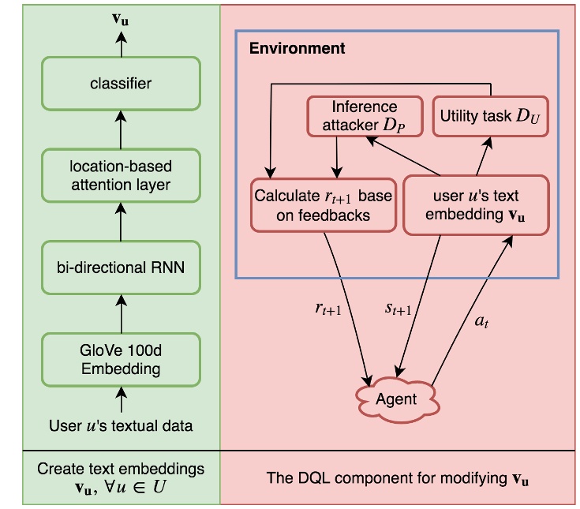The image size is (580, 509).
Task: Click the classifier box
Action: [121, 82]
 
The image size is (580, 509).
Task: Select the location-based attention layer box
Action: [121, 176]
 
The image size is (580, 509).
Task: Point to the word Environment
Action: [297, 49]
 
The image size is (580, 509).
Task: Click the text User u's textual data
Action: [121, 426]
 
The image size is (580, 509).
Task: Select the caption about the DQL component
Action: [397, 478]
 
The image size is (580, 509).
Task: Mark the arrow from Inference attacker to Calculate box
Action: [337, 155]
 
